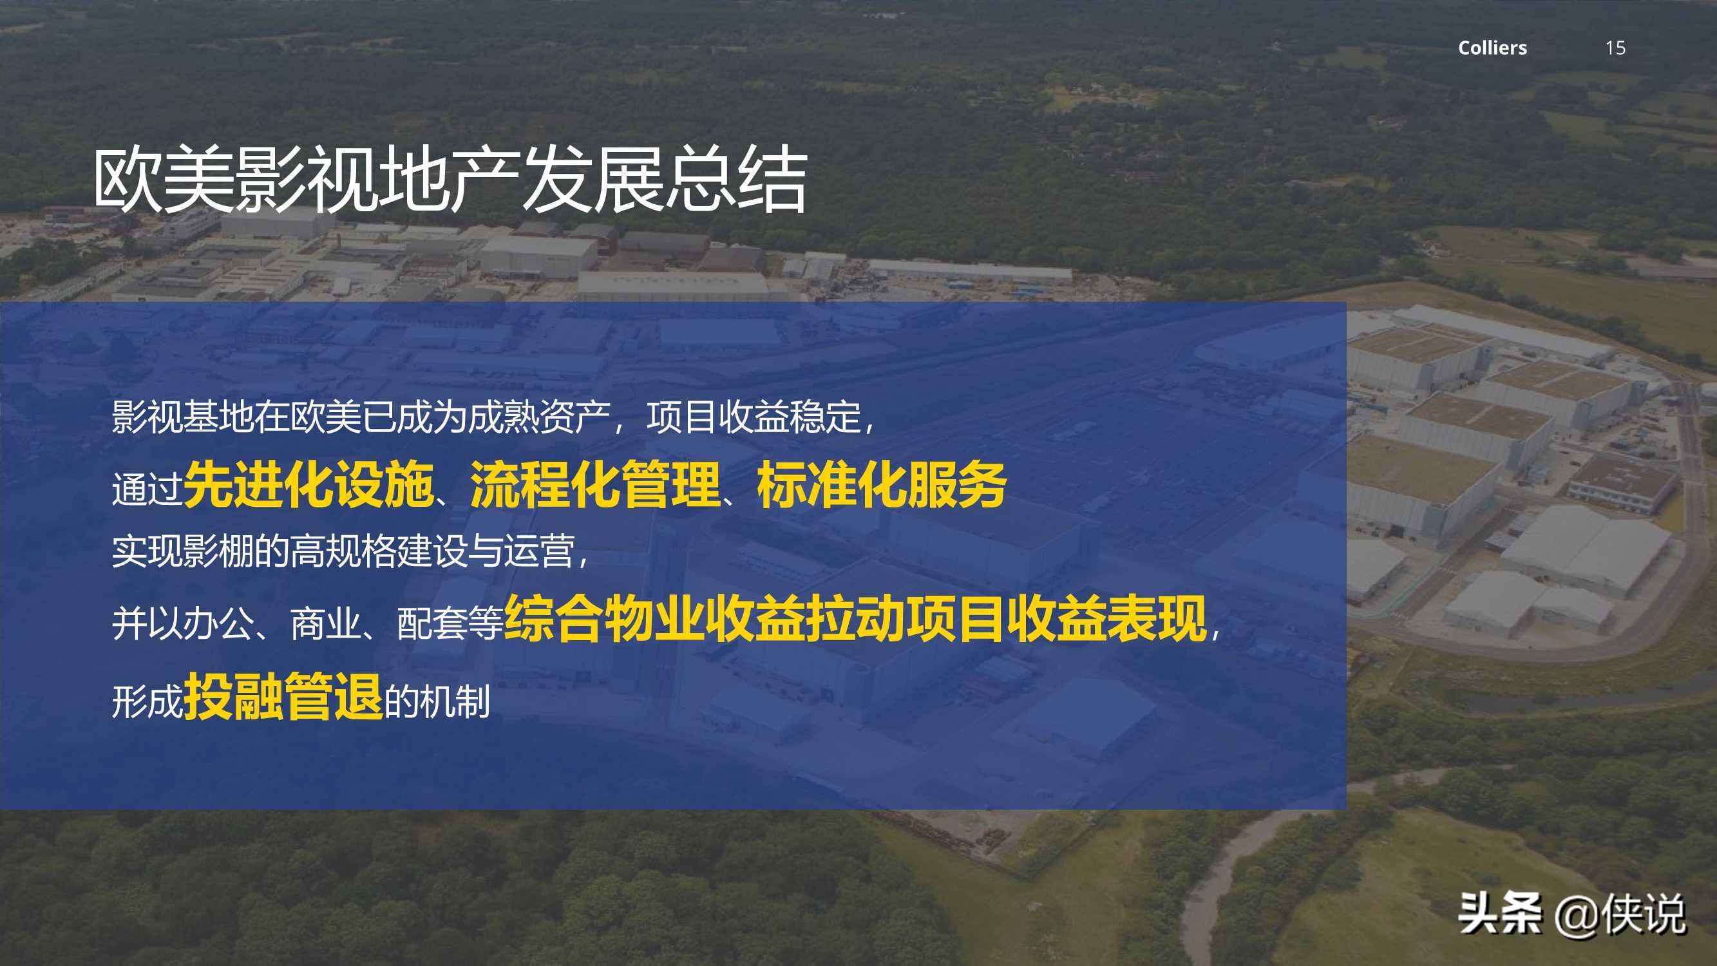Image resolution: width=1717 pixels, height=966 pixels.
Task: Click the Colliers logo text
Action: pos(1492,48)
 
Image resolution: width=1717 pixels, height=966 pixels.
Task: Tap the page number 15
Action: pos(1615,48)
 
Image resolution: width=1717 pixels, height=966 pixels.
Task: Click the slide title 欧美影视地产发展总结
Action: pos(451,180)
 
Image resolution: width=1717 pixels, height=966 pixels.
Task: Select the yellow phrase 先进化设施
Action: pos(308,485)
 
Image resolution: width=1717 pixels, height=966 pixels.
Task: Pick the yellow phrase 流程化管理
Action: pos(595,485)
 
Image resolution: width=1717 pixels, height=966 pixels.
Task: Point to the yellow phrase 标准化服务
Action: pos(881,485)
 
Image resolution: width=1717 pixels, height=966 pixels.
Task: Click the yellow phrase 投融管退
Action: pos(283,696)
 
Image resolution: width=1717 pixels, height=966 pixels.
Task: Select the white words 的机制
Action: pos(437,701)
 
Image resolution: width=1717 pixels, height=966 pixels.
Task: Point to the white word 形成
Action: pos(147,701)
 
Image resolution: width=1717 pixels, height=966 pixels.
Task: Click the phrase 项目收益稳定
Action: pos(753,418)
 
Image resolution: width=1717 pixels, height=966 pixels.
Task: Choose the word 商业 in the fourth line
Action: pos(325,625)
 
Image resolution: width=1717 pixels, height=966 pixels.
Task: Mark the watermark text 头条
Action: pos(1500,913)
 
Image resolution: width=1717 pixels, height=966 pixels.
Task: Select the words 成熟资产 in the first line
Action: pos(540,418)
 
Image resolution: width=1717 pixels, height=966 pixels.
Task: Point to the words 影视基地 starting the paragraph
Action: pos(183,418)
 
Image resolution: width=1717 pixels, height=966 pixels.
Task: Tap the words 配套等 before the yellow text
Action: pos(450,625)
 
